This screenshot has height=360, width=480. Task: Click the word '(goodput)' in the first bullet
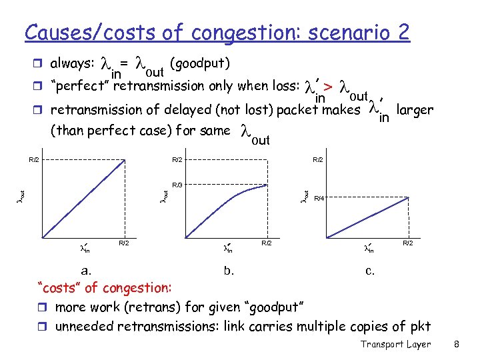[200, 63]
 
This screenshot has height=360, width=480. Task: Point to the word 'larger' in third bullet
[414, 109]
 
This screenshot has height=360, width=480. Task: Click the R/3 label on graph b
[177, 185]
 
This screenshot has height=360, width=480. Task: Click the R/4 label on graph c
[319, 198]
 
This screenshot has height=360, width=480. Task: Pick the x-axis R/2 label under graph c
[407, 243]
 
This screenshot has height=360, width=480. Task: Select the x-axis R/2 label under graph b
[267, 243]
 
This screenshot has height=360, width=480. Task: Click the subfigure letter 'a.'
[87, 271]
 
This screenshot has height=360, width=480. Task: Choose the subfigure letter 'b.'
[229, 271]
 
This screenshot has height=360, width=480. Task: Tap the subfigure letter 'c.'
[369, 271]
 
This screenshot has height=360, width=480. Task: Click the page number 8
[457, 344]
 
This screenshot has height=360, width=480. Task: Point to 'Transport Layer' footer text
[396, 344]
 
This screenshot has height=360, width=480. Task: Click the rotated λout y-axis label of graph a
[21, 196]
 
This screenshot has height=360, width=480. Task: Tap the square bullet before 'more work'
[45, 307]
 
